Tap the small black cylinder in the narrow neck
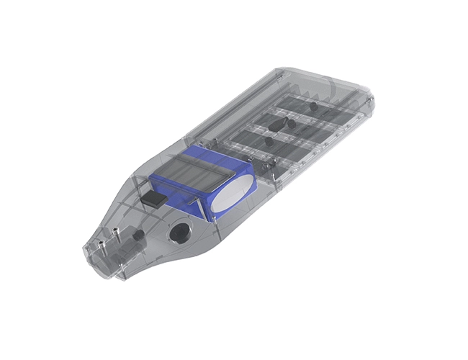[137, 235]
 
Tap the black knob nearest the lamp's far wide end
[315, 106]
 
